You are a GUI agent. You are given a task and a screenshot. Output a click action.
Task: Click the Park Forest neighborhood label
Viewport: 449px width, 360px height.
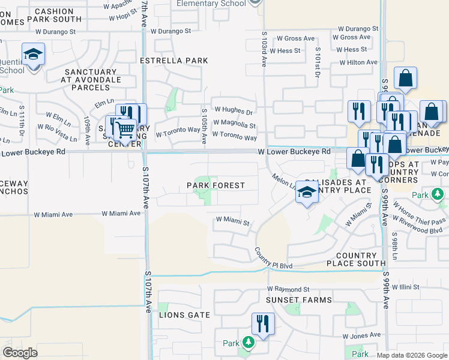pyautogui.click(x=215, y=185)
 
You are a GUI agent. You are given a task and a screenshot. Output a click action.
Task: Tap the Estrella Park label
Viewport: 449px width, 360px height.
pyautogui.click(x=174, y=61)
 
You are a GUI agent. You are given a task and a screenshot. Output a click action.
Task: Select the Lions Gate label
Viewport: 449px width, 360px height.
pyautogui.click(x=185, y=314)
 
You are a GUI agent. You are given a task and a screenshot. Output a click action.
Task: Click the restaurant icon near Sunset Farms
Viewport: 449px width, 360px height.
pyautogui.click(x=262, y=323)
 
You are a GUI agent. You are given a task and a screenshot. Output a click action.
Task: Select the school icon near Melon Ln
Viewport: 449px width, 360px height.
pyautogui.click(x=307, y=192)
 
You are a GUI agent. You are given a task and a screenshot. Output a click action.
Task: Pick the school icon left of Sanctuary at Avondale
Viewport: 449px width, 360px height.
pyautogui.click(x=33, y=55)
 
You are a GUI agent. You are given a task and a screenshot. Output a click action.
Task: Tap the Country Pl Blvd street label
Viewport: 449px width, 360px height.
pyautogui.click(x=273, y=259)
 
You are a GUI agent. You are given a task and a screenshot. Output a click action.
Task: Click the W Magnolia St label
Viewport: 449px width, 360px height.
pyautogui.click(x=235, y=125)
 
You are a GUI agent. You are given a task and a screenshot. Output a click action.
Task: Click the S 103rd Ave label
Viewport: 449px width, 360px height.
pyautogui.click(x=264, y=50)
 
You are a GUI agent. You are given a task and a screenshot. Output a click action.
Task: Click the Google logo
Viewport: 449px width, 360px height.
pyautogui.click(x=20, y=353)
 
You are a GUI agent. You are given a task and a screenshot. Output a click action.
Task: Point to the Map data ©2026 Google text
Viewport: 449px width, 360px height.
pyautogui.click(x=411, y=355)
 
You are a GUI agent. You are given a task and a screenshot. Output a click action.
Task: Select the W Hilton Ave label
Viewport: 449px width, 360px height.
pyautogui.click(x=358, y=62)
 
